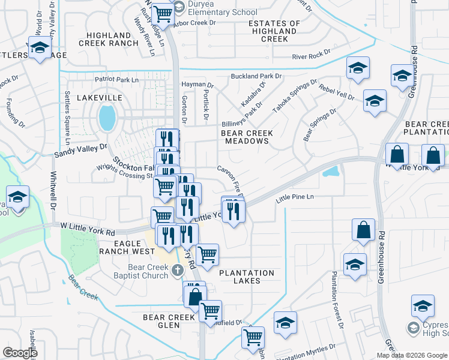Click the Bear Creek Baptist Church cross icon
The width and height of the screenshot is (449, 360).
176,271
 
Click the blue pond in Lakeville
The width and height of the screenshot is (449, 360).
107,118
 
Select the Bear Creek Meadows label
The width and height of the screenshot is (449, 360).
247,137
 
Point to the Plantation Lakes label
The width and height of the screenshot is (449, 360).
247,277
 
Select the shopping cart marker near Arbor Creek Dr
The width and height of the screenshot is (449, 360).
162,13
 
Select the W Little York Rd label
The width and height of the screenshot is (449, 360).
87,231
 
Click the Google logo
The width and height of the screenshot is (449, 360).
20,353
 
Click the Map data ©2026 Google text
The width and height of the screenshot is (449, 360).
411,355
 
